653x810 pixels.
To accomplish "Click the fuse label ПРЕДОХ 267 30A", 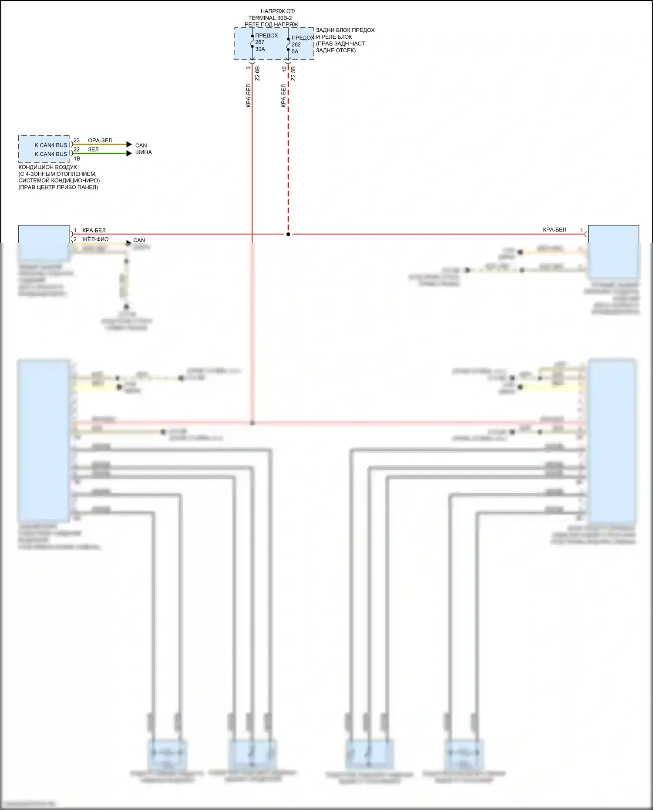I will [x=266, y=42].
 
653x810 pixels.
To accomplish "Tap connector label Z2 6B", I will [x=257, y=74].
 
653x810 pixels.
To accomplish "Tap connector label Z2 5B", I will [x=293, y=74].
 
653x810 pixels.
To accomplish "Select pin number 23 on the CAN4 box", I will [x=77, y=141].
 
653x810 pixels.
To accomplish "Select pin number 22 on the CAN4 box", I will [x=77, y=149].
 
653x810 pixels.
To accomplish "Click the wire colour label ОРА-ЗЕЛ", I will [x=100, y=141].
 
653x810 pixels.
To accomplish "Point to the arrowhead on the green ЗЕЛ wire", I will [x=129, y=153].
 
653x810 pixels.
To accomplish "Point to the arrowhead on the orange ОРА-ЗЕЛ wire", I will [x=129, y=145].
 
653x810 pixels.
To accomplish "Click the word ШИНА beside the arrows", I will [x=143, y=152].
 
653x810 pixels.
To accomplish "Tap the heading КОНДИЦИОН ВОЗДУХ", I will [x=47, y=167].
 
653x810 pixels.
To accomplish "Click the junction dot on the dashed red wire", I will [x=288, y=234].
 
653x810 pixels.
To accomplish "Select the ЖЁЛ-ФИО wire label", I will [x=95, y=239].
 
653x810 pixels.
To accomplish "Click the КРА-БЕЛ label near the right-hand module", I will [x=554, y=230].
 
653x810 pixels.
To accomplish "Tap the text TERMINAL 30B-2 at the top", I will [x=270, y=18].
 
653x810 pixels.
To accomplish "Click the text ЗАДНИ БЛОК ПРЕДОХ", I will [x=345, y=30].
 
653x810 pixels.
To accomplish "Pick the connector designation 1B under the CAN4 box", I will [x=77, y=159].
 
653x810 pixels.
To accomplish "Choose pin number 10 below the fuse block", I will [x=285, y=68].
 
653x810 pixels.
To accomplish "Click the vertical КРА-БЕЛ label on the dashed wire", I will [x=283, y=96].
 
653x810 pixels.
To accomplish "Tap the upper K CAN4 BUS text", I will [x=51, y=145].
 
